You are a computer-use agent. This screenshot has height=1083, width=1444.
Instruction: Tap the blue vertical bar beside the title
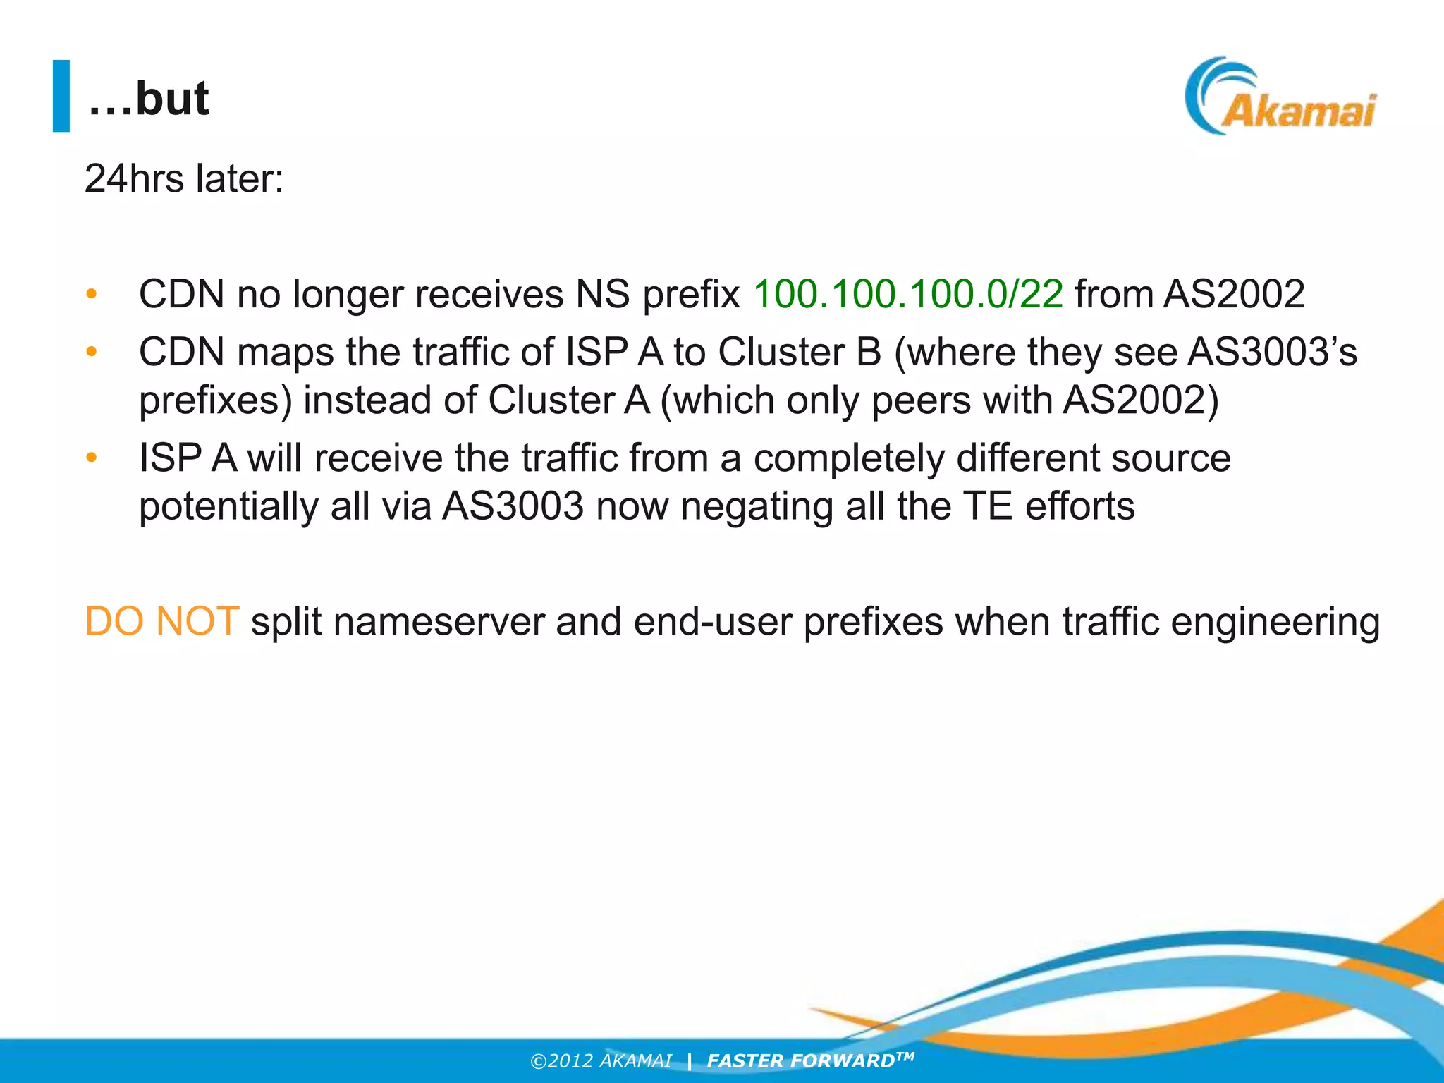[61, 96]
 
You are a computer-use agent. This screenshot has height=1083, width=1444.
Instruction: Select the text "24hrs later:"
[184, 178]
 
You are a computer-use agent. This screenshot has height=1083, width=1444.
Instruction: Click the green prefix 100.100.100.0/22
[908, 293]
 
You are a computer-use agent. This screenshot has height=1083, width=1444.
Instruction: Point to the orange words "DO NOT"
[161, 622]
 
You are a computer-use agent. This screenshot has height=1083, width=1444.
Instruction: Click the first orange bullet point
[91, 293]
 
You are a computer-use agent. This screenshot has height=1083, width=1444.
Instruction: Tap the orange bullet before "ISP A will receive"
[91, 458]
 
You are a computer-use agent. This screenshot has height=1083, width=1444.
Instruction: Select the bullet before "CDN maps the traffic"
[91, 351]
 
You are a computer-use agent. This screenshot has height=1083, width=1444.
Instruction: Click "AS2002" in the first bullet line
[1234, 293]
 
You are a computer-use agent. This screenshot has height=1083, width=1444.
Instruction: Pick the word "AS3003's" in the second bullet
[1272, 351]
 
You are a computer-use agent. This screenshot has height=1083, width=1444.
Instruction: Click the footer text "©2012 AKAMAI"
[601, 1061]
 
